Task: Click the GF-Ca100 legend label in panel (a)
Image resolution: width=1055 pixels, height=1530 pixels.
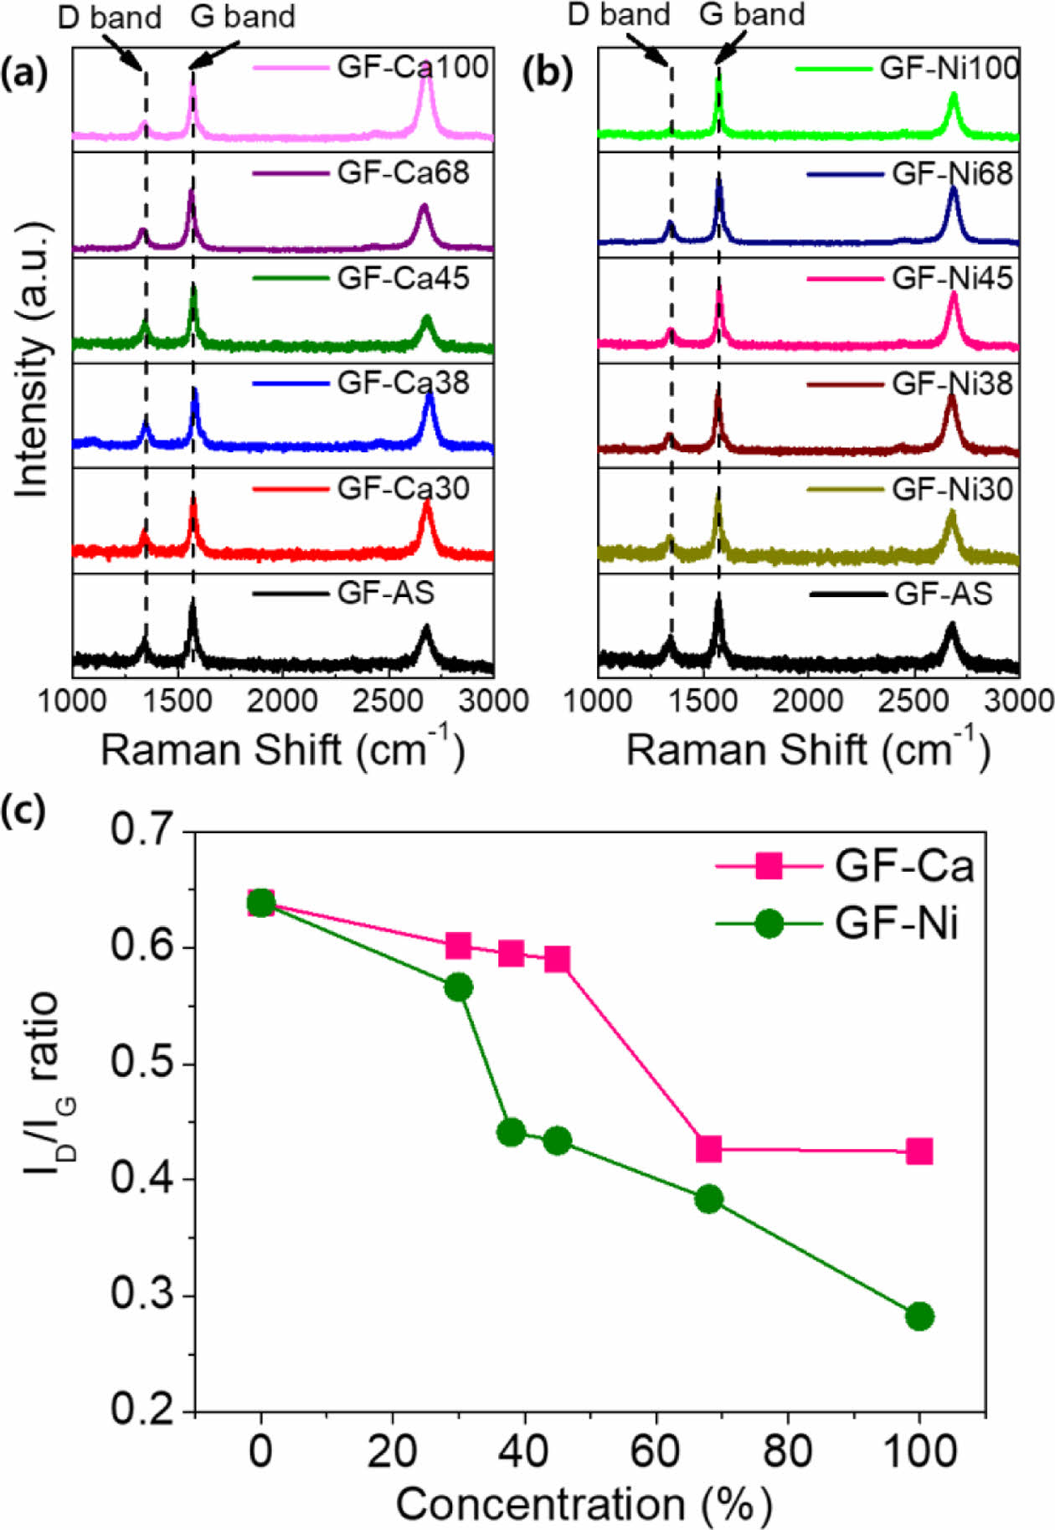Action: click(413, 67)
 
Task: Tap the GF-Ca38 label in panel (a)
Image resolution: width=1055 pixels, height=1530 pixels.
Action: click(403, 383)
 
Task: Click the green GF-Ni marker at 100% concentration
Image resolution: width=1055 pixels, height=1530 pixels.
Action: click(919, 1316)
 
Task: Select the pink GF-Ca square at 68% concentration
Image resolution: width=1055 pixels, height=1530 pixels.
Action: click(709, 1149)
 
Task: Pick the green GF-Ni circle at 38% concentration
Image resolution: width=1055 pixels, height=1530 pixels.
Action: click(511, 1133)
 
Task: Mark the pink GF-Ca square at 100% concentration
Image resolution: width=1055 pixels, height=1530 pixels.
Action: click(919, 1151)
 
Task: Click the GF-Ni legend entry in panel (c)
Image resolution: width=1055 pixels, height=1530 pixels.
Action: click(896, 925)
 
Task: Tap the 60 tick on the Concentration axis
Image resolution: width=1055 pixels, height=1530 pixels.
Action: click(656, 1450)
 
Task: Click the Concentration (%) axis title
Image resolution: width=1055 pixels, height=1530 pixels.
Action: click(584, 1504)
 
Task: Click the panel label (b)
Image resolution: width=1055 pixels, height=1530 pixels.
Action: click(548, 74)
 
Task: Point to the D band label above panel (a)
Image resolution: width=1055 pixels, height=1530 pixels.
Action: click(109, 18)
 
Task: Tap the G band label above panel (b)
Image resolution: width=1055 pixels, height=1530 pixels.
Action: click(752, 14)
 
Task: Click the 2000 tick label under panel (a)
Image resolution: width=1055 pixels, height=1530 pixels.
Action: click(282, 700)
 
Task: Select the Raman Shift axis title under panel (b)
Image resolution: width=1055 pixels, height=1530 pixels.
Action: click(808, 749)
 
